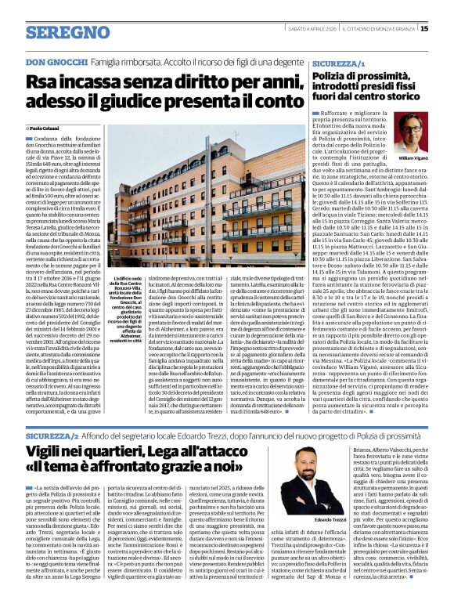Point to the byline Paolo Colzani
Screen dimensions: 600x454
(48, 127)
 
